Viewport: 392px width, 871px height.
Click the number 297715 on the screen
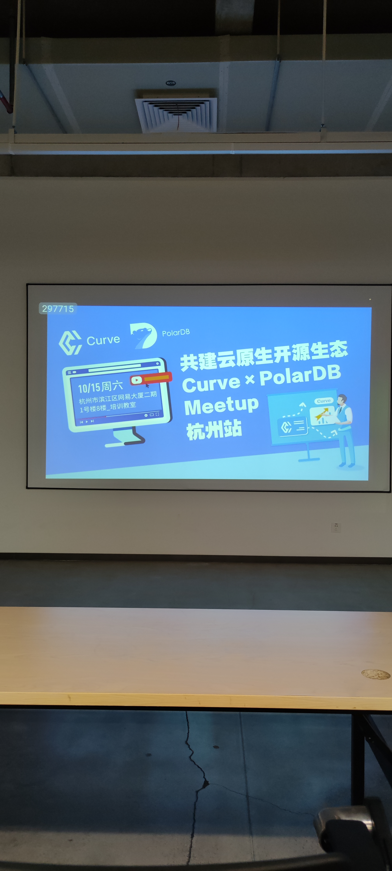pos(58,308)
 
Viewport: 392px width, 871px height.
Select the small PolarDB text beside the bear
pos(176,333)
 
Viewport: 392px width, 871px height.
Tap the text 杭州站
pos(214,430)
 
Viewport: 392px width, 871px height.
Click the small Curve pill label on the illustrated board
pos(324,401)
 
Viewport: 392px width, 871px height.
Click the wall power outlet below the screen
pos(336,527)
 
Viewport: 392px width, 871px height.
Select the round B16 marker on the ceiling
pos(171,83)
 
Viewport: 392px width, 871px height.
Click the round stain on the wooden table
pos(375,674)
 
